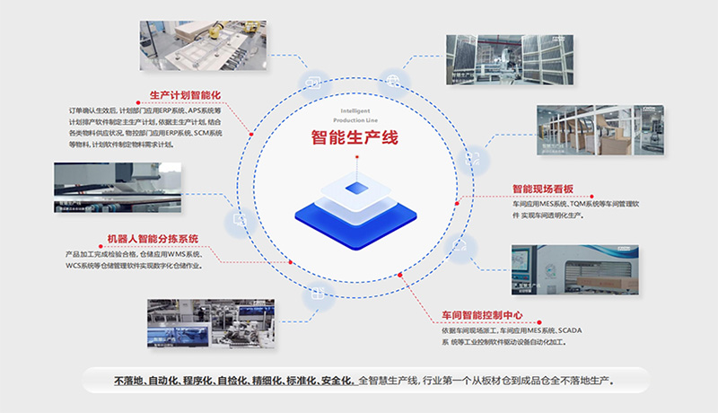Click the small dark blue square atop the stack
tap(355, 188)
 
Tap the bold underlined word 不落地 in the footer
tap(128, 381)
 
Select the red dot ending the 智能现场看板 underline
tap(457, 204)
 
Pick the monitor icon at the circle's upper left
tap(313, 83)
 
